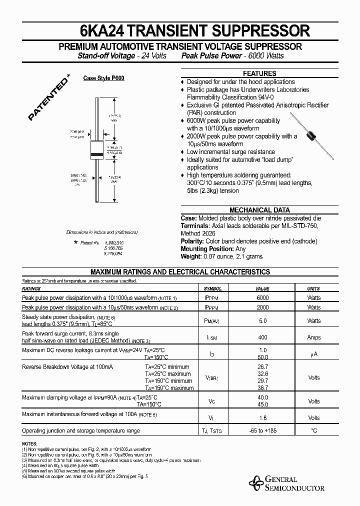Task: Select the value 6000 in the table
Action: [x=262, y=297]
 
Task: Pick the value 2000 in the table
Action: [x=262, y=307]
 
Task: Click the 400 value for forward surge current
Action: [x=262, y=337]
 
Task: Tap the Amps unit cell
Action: [x=314, y=337]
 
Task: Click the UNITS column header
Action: [x=314, y=289]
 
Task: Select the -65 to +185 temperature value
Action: [x=262, y=430]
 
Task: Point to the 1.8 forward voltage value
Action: [x=262, y=417]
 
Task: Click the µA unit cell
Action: [x=314, y=354]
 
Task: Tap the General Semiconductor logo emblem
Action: [x=256, y=483]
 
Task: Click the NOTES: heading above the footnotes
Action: [x=29, y=444]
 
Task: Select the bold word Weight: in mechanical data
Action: [x=190, y=256]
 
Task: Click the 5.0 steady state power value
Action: [x=262, y=320]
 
